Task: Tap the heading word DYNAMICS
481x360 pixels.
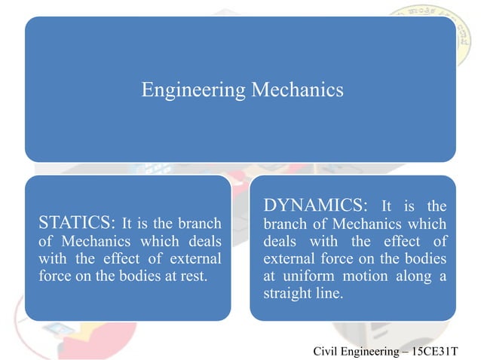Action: pyautogui.click(x=316, y=206)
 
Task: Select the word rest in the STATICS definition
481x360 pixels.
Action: pyautogui.click(x=191, y=276)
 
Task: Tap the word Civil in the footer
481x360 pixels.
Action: pyautogui.click(x=325, y=351)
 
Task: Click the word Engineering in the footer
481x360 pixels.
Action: pyautogui.click(x=369, y=351)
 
